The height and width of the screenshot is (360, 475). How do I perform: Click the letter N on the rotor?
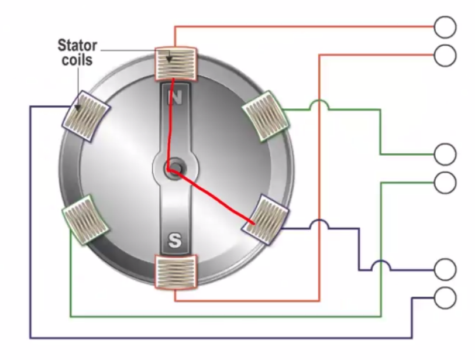tap(174, 97)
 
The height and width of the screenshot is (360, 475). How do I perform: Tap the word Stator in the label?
tap(77, 45)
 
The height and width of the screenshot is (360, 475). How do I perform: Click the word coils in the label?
tap(77, 59)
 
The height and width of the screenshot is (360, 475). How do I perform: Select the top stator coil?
tap(176, 63)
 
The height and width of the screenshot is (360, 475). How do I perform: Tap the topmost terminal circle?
tap(445, 26)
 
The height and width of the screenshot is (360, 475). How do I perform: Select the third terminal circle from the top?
tap(445, 155)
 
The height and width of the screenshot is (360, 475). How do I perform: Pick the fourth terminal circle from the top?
tap(445, 182)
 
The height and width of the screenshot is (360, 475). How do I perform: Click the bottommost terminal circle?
tap(445, 297)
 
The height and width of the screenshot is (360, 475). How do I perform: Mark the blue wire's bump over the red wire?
tap(319, 225)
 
